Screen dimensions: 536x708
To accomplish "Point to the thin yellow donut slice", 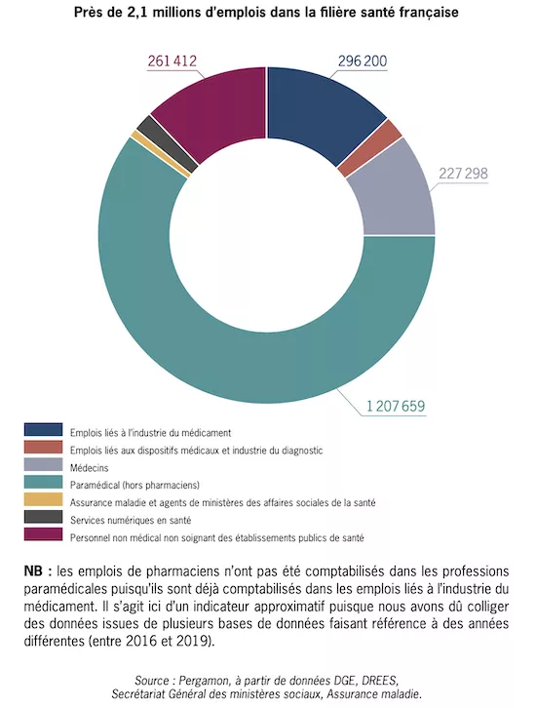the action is (160, 153).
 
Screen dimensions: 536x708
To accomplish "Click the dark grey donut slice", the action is (168, 143).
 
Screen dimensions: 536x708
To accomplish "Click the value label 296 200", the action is (363, 61).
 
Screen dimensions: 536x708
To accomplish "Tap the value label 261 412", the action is (172, 61).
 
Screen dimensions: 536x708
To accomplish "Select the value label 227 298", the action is (463, 174).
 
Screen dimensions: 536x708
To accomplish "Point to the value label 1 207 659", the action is (396, 407).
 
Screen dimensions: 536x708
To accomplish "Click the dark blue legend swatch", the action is (43, 430).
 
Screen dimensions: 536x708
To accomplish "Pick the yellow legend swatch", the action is (43, 500).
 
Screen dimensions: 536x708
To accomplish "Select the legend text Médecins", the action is (90, 468).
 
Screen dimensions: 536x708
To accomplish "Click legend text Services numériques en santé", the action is (131, 520).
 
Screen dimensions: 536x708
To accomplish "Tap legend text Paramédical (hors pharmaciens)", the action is (134, 486).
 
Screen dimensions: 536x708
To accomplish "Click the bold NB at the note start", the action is (33, 571).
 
